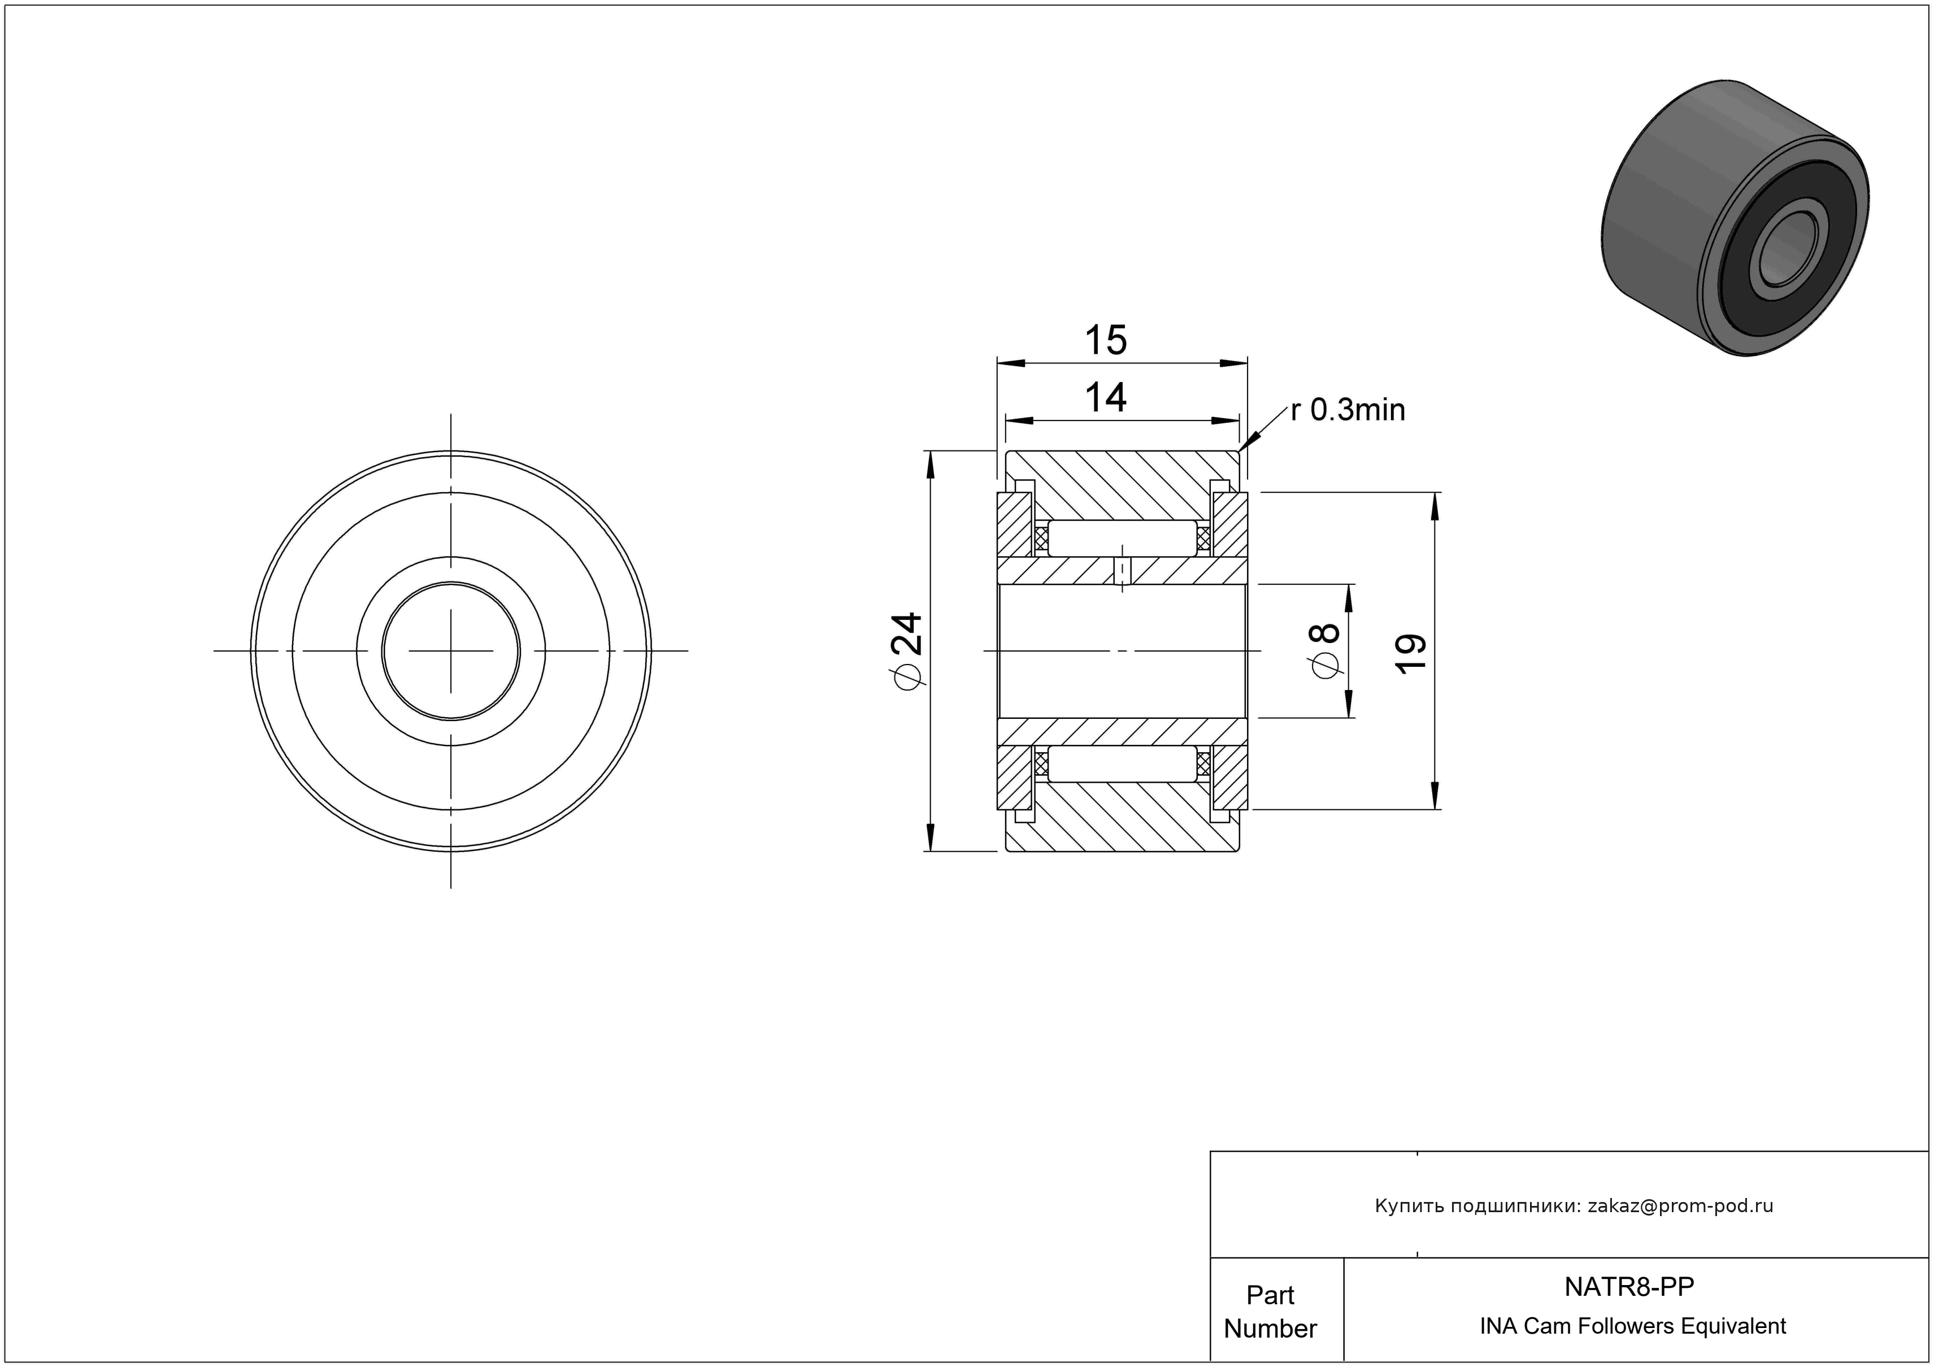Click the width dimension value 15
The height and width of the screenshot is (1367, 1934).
[1105, 340]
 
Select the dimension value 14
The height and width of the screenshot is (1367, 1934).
[1105, 397]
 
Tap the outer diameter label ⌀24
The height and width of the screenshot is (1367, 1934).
[908, 650]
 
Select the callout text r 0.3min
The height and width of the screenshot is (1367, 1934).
[1348, 410]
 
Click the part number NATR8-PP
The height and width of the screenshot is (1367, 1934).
[1629, 1286]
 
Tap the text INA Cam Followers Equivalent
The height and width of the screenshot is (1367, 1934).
[1632, 1326]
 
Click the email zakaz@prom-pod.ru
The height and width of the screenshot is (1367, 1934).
[1680, 1205]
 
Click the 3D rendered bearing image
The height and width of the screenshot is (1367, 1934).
[1735, 218]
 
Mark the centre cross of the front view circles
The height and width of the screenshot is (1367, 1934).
[451, 651]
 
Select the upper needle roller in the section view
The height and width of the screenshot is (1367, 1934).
[1122, 538]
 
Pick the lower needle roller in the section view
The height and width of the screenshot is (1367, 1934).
[1122, 764]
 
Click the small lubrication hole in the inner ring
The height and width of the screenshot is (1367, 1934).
[1122, 571]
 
